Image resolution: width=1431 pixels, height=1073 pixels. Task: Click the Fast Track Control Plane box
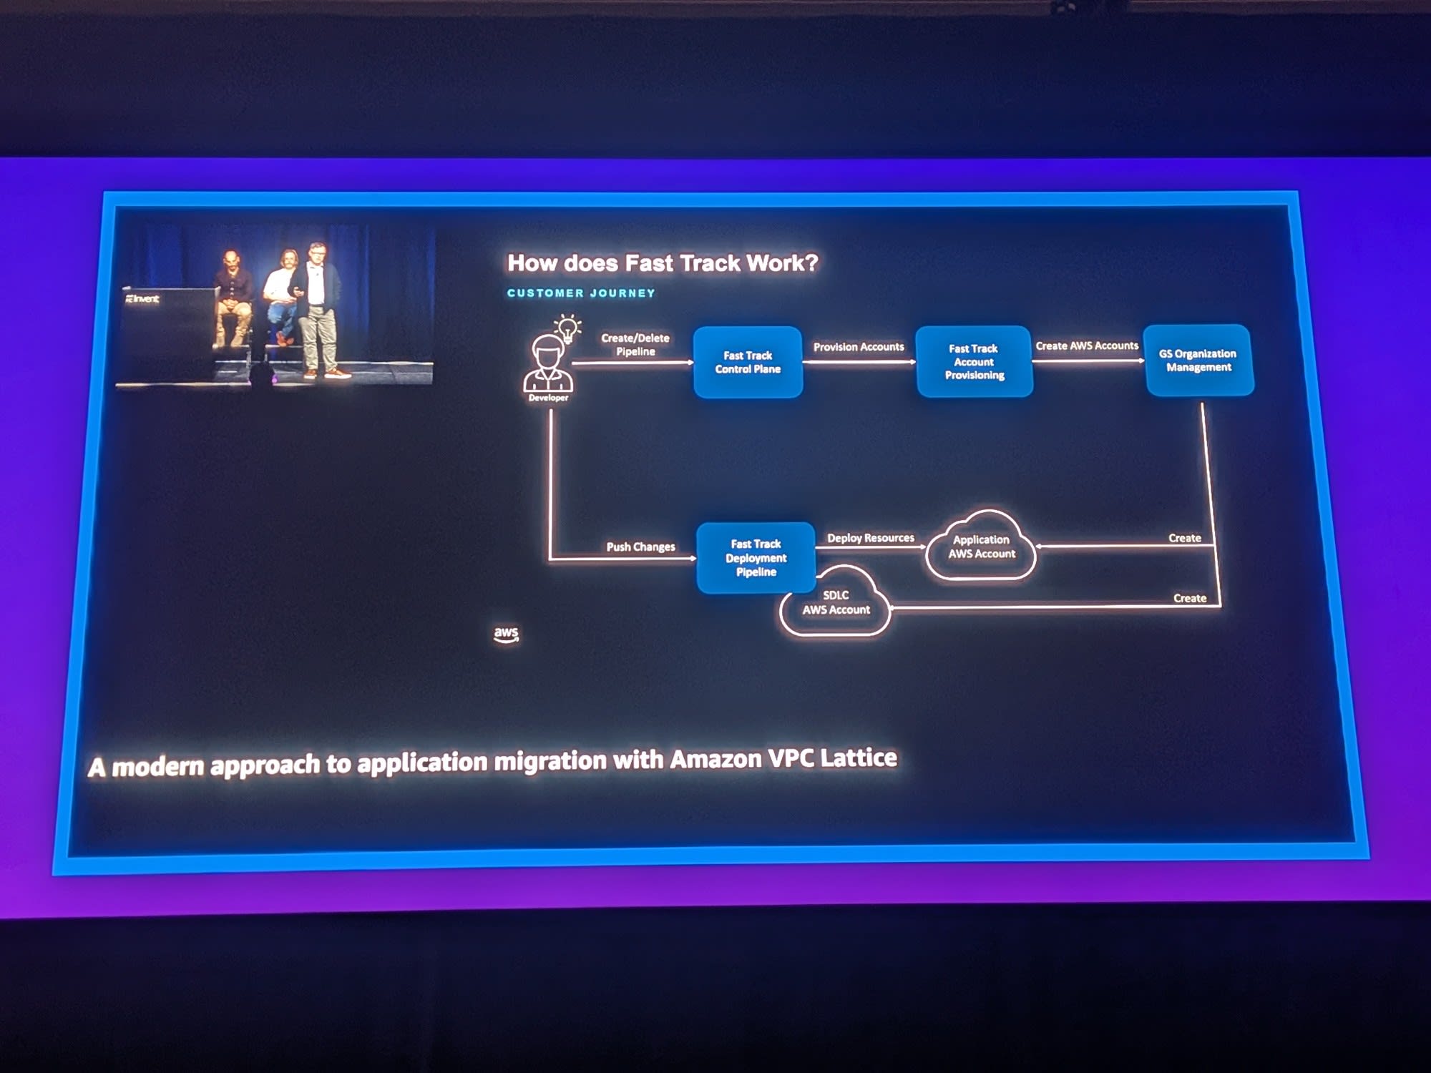point(748,362)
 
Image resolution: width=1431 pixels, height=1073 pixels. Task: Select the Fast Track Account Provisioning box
point(974,361)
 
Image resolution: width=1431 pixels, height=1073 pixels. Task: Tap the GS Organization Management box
point(1198,361)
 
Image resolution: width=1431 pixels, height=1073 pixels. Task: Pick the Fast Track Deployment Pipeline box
point(756,558)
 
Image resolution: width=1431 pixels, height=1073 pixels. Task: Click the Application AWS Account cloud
point(981,547)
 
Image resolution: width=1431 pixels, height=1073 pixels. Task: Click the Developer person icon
point(547,363)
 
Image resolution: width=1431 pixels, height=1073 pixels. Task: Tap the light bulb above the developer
point(568,328)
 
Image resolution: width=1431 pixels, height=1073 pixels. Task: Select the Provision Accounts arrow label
point(859,347)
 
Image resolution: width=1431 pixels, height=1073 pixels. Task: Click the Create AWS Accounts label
point(1086,346)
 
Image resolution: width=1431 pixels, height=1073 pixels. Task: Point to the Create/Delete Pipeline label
point(635,345)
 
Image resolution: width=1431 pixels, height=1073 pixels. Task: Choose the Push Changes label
point(640,547)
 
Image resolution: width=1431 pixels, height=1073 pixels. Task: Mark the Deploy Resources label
point(871,538)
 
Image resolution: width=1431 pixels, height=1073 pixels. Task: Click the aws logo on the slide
point(506,634)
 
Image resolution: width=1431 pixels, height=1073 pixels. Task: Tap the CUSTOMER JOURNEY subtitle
point(581,293)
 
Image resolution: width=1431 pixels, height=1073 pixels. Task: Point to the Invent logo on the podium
point(143,299)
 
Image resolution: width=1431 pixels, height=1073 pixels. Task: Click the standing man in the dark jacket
point(317,308)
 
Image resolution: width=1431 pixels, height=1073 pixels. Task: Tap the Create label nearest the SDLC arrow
point(1189,598)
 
